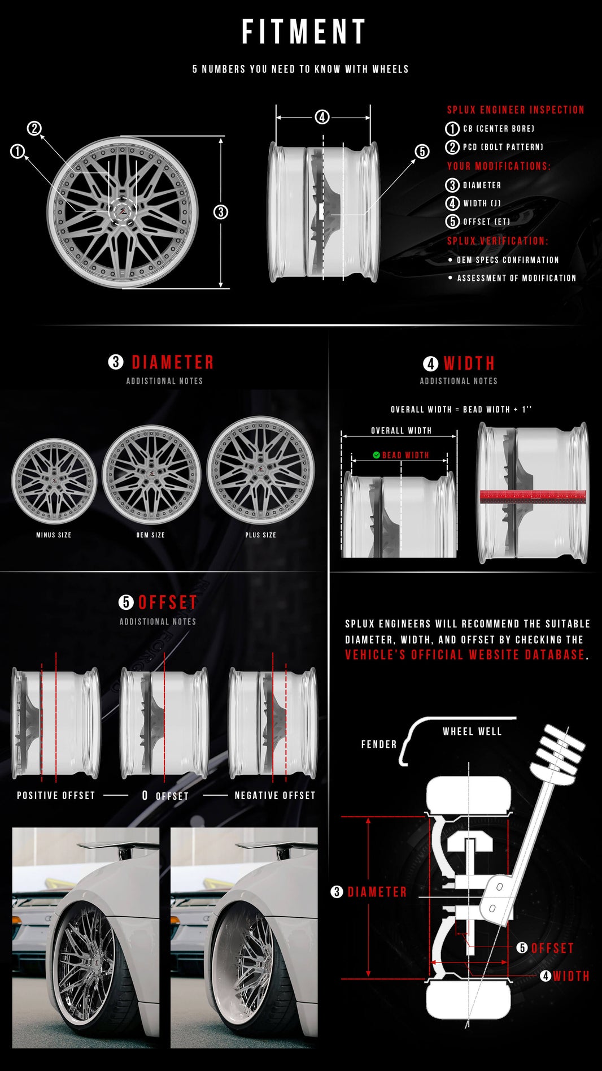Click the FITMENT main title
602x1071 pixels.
coord(304,32)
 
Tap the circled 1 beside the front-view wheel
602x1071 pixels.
coord(18,151)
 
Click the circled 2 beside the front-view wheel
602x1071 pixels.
coord(34,128)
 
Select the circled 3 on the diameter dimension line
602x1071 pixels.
coord(221,212)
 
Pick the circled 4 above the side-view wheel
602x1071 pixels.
coord(322,117)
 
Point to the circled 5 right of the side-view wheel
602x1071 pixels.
coord(422,151)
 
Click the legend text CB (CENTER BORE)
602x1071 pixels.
coord(498,129)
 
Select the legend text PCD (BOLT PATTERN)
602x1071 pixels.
coord(503,147)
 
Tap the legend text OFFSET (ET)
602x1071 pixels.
coord(486,222)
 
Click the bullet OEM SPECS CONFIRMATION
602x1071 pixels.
coord(507,260)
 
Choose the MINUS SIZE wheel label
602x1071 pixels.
coord(54,535)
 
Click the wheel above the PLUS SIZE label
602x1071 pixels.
coord(261,470)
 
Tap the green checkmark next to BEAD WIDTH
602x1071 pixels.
coord(376,455)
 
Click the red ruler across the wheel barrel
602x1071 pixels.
coord(533,497)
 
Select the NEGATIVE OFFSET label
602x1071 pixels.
coord(275,795)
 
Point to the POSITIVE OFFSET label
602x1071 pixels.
coord(56,795)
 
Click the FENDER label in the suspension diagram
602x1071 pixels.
coord(379,744)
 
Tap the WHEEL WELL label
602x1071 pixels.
coord(472,731)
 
